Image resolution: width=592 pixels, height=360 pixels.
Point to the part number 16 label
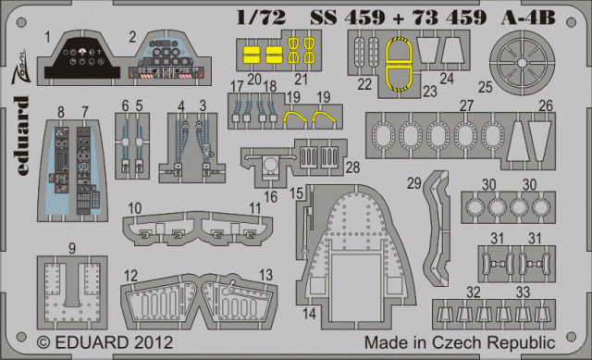pos(271,197)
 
